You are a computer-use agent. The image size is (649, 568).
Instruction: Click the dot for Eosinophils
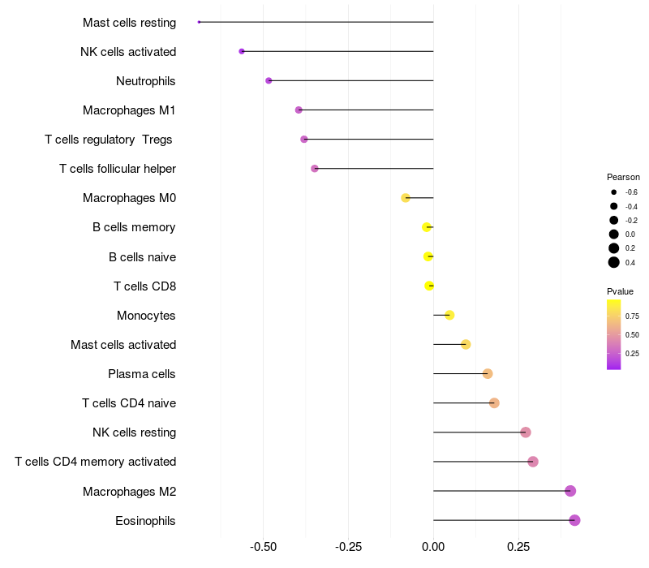(x=574, y=520)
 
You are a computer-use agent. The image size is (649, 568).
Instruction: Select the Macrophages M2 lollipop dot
(x=570, y=491)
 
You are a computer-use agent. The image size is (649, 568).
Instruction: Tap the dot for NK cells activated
(x=242, y=51)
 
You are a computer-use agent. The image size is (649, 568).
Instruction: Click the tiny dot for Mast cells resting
(x=199, y=22)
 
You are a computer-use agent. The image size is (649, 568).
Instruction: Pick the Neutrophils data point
(x=269, y=80)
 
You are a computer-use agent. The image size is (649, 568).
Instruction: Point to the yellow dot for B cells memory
(x=427, y=227)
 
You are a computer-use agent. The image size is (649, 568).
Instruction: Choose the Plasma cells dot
(x=488, y=373)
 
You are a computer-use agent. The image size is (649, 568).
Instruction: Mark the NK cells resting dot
(x=526, y=432)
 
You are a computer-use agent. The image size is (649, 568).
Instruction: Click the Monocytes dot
(x=449, y=315)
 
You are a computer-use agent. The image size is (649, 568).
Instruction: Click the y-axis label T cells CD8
(x=144, y=286)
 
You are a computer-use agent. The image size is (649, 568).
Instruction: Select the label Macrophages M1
(x=129, y=110)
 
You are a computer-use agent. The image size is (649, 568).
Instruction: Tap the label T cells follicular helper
(x=118, y=169)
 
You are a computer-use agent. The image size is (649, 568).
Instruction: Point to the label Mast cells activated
(x=123, y=345)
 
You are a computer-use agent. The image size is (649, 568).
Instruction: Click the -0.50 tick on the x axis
(x=264, y=548)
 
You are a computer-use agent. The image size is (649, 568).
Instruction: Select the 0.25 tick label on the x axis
(x=519, y=548)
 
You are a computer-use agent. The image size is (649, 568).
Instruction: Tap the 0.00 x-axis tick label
(x=433, y=548)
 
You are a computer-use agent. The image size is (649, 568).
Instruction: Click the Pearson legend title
(x=623, y=177)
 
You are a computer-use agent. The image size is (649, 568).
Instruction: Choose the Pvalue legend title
(x=620, y=291)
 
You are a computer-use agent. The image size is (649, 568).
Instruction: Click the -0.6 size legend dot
(x=614, y=192)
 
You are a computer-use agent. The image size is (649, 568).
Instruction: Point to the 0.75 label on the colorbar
(x=632, y=316)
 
